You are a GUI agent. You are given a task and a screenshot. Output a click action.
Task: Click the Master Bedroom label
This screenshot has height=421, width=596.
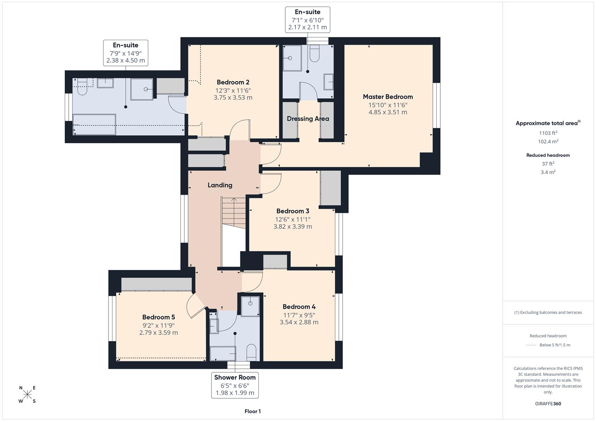click(388, 97)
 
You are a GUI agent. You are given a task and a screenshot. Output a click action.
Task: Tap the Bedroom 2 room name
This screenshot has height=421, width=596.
click(233, 82)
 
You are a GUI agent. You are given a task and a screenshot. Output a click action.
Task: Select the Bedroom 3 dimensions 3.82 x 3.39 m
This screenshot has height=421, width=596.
click(292, 226)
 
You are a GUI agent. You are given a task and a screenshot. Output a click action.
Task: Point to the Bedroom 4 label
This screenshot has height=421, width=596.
click(299, 307)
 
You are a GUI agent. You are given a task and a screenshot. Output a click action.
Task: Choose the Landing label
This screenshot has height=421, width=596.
click(220, 185)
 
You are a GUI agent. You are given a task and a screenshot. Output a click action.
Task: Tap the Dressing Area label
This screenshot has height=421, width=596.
click(308, 119)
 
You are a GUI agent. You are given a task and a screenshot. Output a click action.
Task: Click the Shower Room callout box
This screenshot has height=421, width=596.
click(235, 385)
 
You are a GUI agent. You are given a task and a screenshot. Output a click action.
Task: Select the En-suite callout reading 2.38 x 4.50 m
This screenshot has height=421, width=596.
click(125, 53)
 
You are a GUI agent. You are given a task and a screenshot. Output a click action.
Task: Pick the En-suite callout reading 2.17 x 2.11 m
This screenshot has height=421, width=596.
click(308, 19)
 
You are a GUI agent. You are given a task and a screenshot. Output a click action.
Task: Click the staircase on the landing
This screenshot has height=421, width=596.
click(233, 212)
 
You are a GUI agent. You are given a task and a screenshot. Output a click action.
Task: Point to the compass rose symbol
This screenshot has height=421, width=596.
click(27, 394)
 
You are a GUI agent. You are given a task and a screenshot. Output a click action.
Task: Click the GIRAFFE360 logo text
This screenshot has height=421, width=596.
click(548, 403)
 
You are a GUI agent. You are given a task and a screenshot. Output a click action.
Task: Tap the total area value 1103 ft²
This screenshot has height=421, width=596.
click(548, 133)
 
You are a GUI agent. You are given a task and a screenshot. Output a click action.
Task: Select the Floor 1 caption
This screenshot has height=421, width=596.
click(253, 411)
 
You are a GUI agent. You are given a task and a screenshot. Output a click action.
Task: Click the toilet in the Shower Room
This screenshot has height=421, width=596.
click(252, 352)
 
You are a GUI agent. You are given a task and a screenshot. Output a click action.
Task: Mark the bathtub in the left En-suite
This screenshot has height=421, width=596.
click(94, 124)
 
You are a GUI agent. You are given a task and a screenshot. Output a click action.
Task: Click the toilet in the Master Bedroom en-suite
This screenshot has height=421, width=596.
click(315, 54)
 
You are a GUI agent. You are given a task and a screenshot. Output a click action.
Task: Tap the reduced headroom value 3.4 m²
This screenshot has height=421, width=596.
click(548, 172)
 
